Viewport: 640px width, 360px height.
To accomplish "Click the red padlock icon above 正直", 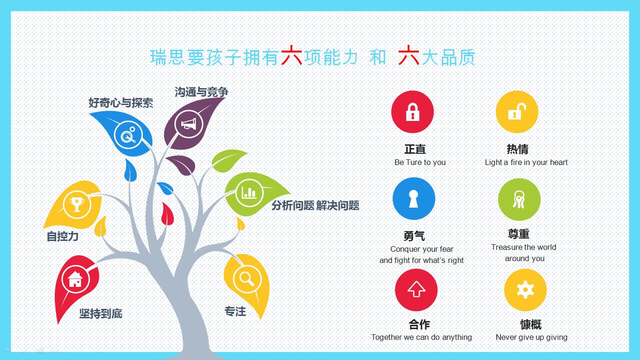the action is click(412, 112).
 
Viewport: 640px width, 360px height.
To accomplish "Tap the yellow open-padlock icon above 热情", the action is click(517, 112).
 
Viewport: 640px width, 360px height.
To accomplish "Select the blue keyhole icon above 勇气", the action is click(414, 198).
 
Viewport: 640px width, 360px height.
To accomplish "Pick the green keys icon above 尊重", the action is click(519, 199).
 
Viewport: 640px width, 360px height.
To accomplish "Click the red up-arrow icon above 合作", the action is click(417, 290).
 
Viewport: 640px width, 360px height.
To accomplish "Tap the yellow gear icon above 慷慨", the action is click(525, 290).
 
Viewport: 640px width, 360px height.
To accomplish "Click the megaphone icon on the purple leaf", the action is click(188, 124).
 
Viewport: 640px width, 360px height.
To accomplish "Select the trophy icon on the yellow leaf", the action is click(76, 204).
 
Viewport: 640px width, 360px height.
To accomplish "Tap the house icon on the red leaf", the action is click(75, 279).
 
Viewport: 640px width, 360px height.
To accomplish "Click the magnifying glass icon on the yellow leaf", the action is click(247, 278).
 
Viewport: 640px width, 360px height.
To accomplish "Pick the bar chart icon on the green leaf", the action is click(249, 193).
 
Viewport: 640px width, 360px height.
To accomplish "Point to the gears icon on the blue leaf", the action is click(128, 135).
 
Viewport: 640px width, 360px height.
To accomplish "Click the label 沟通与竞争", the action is click(201, 92).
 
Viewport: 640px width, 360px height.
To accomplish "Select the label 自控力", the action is click(63, 236).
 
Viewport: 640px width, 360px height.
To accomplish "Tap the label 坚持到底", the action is click(101, 314).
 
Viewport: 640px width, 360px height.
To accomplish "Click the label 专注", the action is click(235, 311).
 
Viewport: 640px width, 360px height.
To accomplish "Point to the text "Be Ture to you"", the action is click(420, 162).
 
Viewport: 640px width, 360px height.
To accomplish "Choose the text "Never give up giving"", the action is click(531, 337).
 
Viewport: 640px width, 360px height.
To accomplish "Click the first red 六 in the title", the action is click(292, 56).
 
